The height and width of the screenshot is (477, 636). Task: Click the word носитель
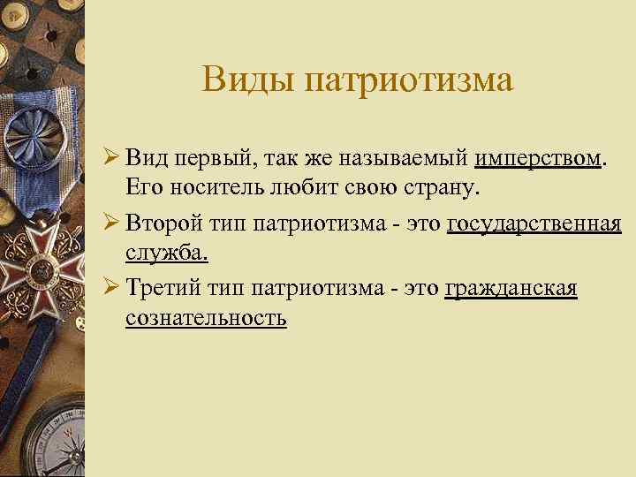(205, 186)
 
